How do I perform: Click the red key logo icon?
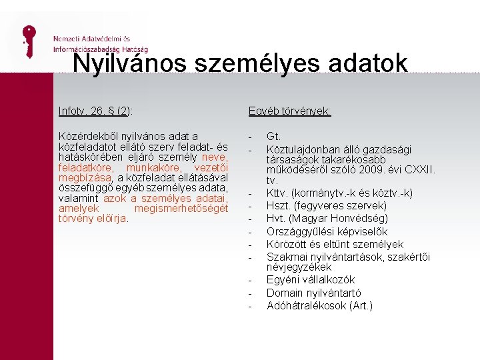(28, 41)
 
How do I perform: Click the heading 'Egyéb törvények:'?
(289, 111)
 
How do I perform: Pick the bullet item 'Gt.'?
(274, 136)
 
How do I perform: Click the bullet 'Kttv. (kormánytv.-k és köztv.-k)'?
(339, 193)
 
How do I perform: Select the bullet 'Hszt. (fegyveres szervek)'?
(326, 206)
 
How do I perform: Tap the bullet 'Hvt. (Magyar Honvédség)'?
(327, 219)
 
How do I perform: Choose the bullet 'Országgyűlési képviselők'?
(326, 231)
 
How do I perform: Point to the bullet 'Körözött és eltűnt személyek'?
(335, 244)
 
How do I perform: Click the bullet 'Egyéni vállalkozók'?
(311, 279)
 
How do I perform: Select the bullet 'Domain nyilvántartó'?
(314, 293)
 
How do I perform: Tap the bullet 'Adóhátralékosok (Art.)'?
(319, 305)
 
